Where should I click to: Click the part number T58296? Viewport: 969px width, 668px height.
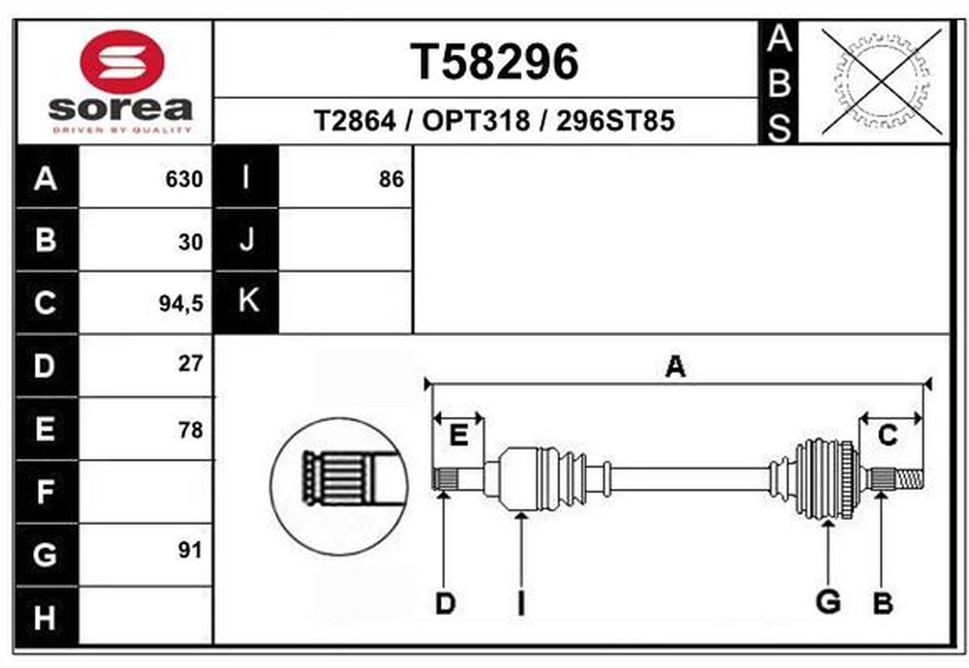(x=495, y=62)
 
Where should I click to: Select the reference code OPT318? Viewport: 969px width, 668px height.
(x=477, y=121)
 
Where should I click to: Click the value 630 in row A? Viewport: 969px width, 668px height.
(x=184, y=179)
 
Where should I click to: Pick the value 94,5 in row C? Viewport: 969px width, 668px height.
(x=182, y=304)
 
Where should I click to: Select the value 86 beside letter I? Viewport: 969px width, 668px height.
(x=391, y=179)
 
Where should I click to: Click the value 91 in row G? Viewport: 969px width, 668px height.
(x=190, y=552)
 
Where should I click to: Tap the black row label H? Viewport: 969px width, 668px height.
(x=46, y=616)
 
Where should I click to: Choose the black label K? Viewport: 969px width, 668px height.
(x=247, y=301)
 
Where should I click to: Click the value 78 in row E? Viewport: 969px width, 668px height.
(x=190, y=429)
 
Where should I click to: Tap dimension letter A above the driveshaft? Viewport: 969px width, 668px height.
(x=675, y=366)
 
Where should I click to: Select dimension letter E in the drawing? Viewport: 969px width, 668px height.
(x=459, y=435)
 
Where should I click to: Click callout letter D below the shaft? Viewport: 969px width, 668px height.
(x=445, y=604)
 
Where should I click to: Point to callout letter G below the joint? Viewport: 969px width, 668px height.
(x=828, y=602)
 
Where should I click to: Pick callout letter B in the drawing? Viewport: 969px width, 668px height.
(x=882, y=604)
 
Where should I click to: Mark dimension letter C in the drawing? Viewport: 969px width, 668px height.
(x=887, y=436)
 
